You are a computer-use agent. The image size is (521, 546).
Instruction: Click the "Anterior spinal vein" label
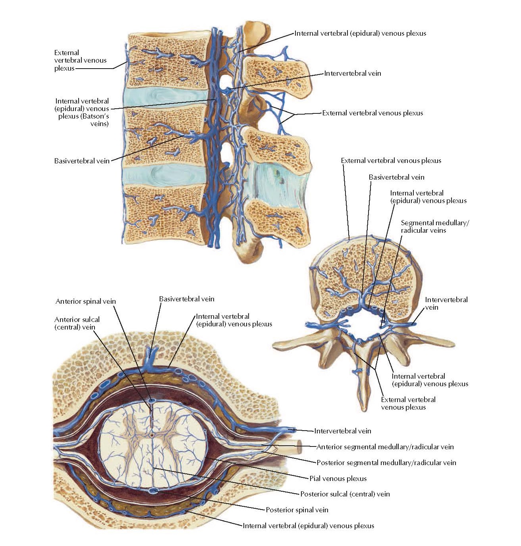(x=86, y=301)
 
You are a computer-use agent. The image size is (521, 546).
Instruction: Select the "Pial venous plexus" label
(x=338, y=479)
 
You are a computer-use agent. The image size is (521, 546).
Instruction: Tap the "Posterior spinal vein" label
(x=297, y=510)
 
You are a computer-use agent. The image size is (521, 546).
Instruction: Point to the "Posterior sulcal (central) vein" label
(x=345, y=494)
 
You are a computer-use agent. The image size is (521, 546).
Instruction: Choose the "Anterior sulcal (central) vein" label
(x=77, y=323)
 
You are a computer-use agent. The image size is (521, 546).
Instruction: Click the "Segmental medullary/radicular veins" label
(x=435, y=226)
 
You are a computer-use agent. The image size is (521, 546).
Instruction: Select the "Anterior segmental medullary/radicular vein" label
(x=385, y=447)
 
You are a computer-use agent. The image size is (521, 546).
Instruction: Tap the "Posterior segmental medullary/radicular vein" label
(x=386, y=463)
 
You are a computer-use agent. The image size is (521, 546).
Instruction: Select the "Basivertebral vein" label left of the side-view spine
(x=82, y=161)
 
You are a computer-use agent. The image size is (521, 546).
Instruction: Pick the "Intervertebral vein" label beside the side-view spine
(x=353, y=73)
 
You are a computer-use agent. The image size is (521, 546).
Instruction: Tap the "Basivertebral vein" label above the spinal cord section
(x=187, y=299)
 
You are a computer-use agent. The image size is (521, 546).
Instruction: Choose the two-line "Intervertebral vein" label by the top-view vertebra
(x=446, y=303)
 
